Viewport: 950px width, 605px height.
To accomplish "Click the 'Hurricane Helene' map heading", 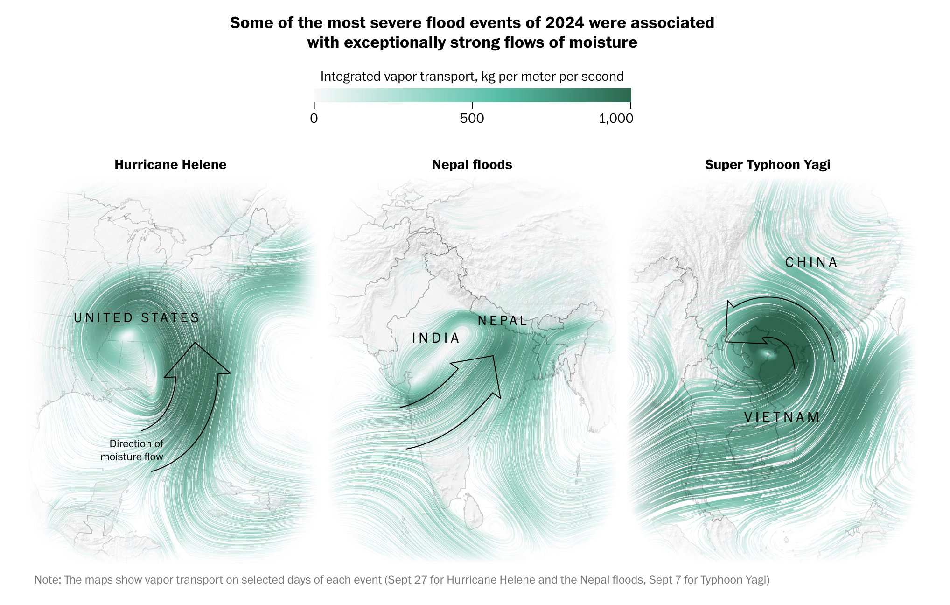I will pos(170,165).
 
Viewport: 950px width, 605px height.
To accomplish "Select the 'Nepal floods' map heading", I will pos(472,165).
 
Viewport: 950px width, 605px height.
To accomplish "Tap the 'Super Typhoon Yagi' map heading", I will pos(767,165).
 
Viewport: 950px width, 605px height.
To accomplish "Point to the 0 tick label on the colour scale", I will pos(314,119).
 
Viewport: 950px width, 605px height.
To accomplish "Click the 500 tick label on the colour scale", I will pos(472,119).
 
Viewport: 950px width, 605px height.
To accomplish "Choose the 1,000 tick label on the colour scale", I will pos(616,119).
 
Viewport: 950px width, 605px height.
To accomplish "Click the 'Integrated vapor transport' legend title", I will pos(472,77).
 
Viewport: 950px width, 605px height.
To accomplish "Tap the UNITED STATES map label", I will pos(137,318).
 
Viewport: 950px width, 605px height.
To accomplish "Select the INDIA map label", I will pos(436,338).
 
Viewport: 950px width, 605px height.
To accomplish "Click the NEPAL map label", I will pos(503,321).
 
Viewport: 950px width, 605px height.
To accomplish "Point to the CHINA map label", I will pos(811,263).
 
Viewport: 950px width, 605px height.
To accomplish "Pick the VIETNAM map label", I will pos(782,417).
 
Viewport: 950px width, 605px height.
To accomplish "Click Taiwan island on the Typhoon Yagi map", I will pos(897,313).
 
